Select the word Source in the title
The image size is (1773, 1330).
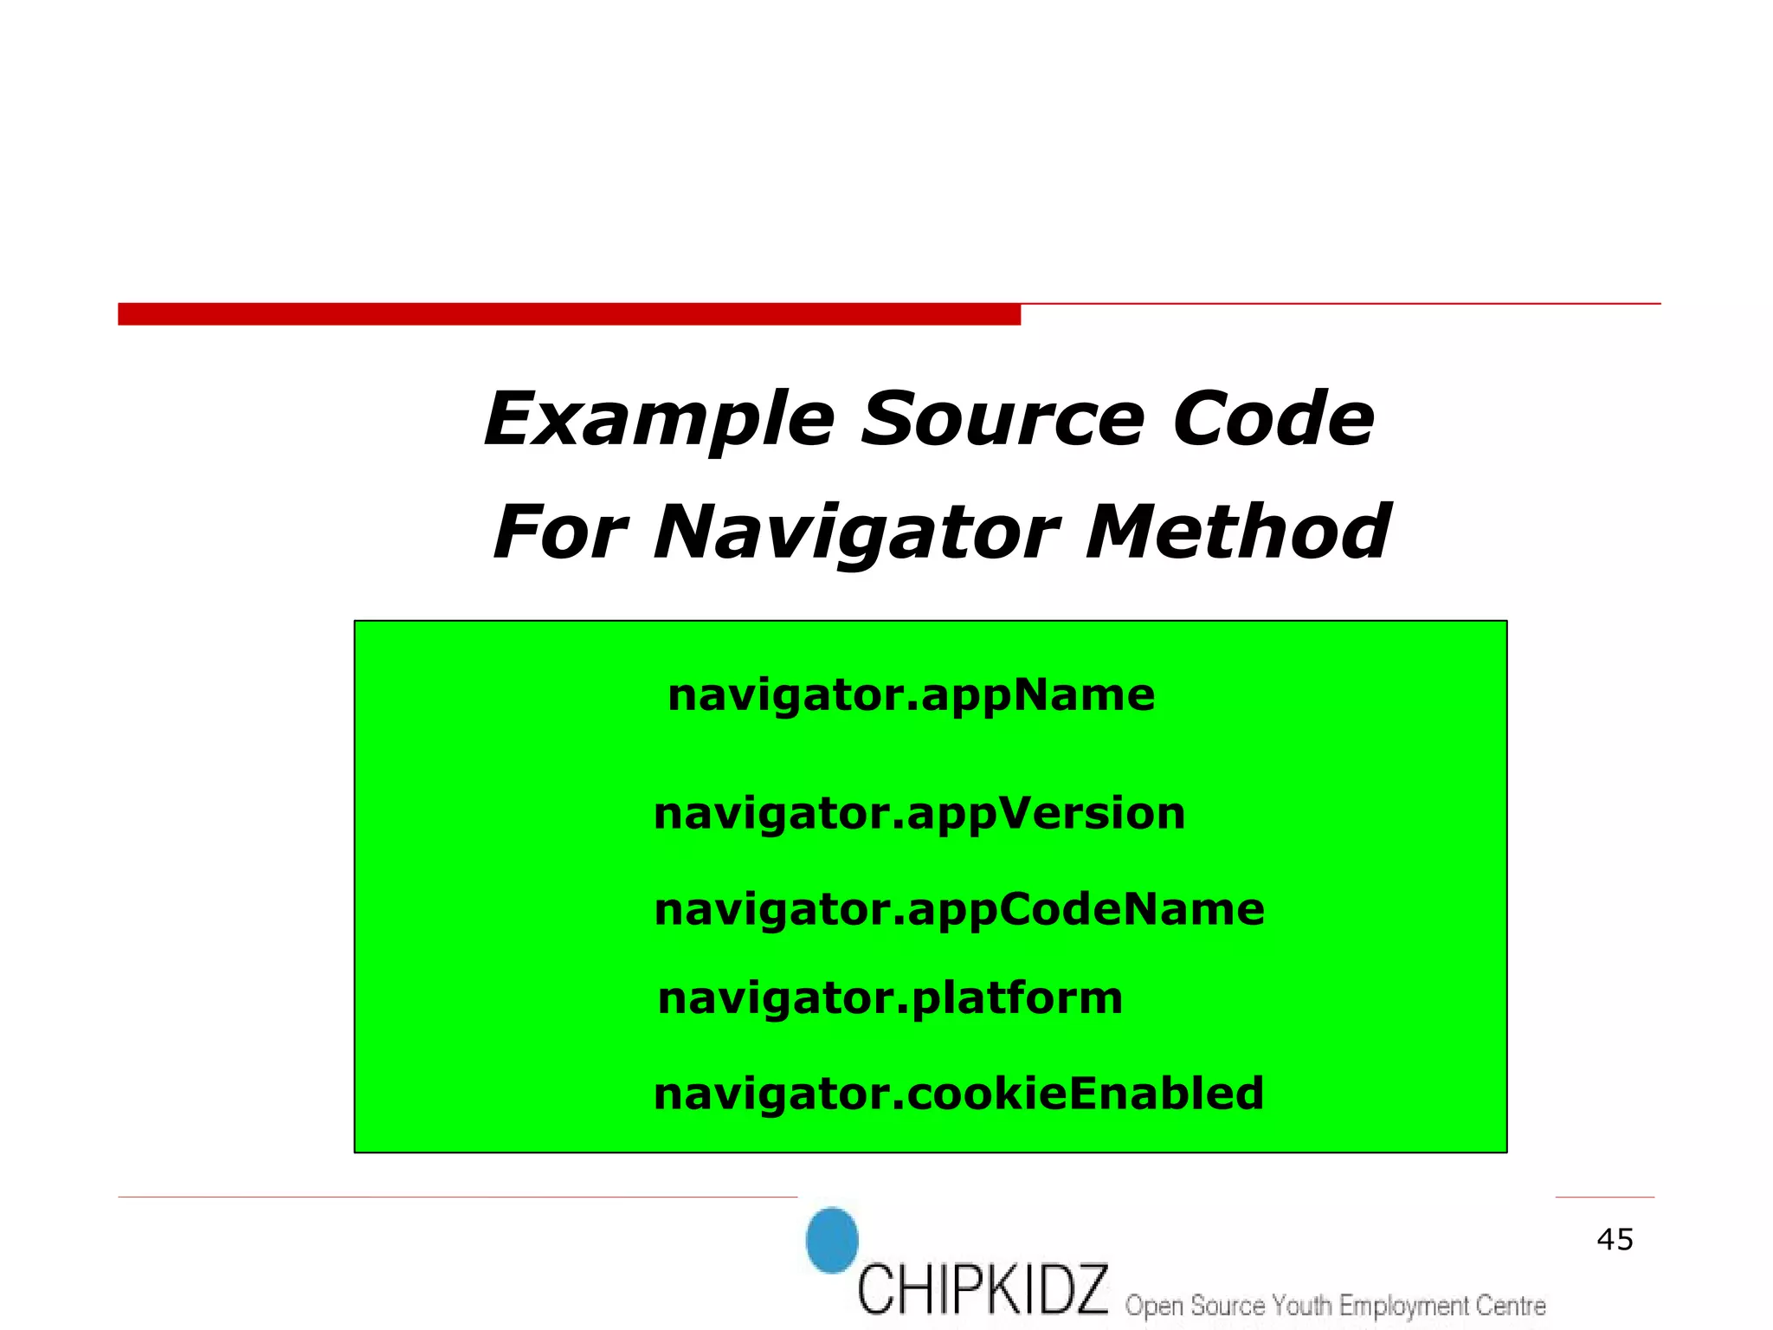1003,420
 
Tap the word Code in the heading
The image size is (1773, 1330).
1273,420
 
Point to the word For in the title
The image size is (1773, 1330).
559,533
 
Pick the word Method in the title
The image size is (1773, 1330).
1238,533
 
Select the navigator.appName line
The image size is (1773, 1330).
911,695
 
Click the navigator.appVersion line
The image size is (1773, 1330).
919,814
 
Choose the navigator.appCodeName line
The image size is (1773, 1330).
959,910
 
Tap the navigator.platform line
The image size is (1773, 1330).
890,998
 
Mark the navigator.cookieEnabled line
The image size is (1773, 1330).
958,1094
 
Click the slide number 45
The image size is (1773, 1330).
1615,1240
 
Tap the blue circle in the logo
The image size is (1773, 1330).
832,1240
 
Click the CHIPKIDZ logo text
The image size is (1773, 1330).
983,1289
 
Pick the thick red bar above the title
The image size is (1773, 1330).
569,314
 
